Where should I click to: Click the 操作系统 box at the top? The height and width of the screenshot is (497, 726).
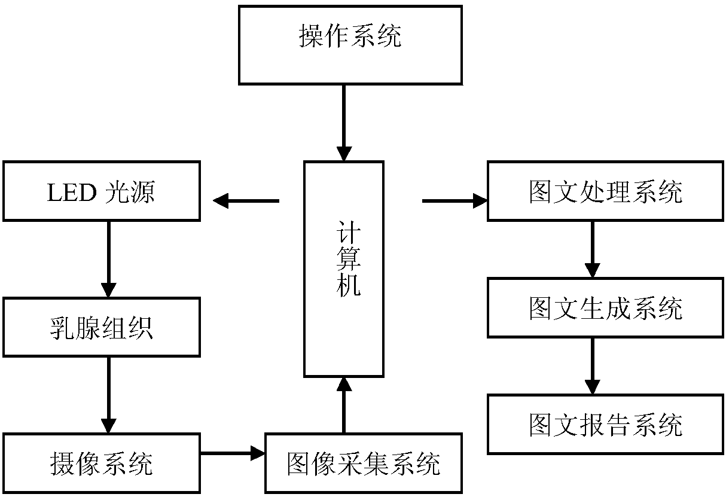(350, 45)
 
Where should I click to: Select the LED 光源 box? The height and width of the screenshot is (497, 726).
(102, 191)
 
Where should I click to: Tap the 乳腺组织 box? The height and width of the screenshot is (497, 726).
(102, 327)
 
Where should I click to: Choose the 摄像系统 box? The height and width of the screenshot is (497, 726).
(102, 464)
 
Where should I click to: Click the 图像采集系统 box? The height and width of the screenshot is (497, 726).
(364, 464)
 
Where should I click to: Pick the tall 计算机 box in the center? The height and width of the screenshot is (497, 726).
(343, 269)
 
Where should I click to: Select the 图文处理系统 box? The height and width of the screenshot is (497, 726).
(605, 191)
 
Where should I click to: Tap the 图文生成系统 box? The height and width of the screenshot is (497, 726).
(605, 307)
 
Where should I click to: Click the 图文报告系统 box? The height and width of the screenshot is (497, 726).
(605, 425)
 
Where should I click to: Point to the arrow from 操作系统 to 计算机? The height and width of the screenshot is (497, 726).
(344, 123)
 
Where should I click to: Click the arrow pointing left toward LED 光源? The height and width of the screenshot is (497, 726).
(246, 201)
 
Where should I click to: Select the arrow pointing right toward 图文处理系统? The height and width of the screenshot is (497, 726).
(454, 201)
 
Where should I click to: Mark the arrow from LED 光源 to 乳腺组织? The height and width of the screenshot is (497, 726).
(109, 260)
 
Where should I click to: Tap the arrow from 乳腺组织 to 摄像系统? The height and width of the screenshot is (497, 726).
(109, 395)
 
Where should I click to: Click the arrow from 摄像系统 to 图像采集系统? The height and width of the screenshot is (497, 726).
(233, 453)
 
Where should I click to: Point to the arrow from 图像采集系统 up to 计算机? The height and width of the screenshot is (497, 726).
(344, 405)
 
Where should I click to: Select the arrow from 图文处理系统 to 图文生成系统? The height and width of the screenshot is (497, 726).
(593, 249)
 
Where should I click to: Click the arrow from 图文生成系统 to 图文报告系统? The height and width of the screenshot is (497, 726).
(593, 367)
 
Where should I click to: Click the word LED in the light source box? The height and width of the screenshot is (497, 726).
(72, 193)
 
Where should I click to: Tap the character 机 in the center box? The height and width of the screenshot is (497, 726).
(349, 286)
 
